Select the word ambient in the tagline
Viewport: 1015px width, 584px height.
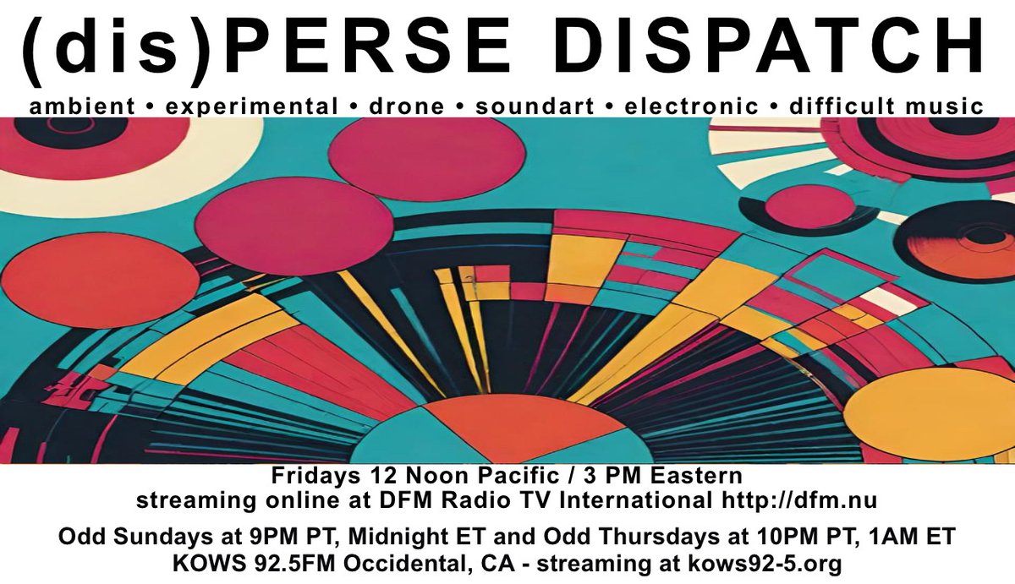click(81, 106)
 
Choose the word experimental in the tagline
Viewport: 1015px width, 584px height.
click(250, 106)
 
